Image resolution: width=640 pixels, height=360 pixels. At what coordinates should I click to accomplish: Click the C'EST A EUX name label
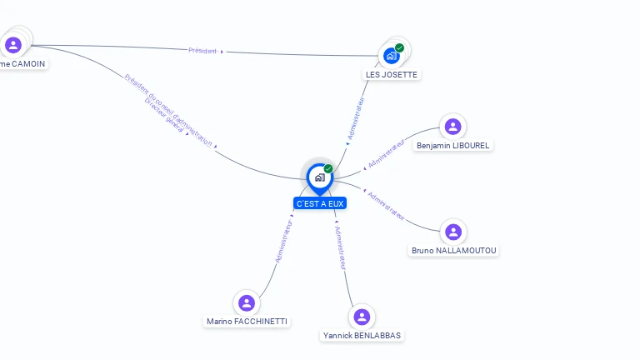pyautogui.click(x=319, y=203)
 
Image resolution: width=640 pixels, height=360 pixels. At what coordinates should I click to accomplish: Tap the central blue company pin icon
pyautogui.click(x=319, y=177)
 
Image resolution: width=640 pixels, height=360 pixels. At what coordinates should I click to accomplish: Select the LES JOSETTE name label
pyautogui.click(x=392, y=74)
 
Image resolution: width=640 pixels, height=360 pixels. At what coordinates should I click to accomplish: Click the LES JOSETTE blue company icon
pyautogui.click(x=391, y=56)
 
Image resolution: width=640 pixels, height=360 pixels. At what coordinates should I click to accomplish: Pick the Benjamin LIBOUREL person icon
pyautogui.click(x=452, y=127)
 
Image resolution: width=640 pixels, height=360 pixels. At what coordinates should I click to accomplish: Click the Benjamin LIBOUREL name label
pyautogui.click(x=453, y=145)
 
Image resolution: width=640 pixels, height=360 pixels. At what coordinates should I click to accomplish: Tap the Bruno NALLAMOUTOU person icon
pyautogui.click(x=452, y=232)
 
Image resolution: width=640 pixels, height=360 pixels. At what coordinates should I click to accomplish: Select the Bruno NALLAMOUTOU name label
pyautogui.click(x=454, y=250)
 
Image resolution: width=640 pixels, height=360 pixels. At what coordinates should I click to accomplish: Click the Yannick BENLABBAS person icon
pyautogui.click(x=361, y=317)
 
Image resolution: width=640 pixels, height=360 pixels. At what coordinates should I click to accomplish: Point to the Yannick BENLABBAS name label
pyautogui.click(x=362, y=335)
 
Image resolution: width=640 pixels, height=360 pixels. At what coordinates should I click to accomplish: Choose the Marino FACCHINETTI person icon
pyautogui.click(x=246, y=302)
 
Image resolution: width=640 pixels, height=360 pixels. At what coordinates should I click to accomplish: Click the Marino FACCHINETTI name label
pyautogui.click(x=248, y=321)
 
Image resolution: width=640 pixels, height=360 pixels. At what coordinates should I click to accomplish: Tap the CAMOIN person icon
pyautogui.click(x=12, y=45)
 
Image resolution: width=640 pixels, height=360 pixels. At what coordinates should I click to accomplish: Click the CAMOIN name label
pyautogui.click(x=22, y=63)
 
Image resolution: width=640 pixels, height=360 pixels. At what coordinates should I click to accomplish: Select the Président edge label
pyautogui.click(x=202, y=51)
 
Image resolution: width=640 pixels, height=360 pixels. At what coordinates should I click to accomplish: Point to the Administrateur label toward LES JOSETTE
pyautogui.click(x=356, y=117)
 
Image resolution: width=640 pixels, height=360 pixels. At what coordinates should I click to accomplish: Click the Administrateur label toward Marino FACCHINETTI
pyautogui.click(x=283, y=241)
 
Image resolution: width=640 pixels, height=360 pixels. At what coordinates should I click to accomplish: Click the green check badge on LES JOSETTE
pyautogui.click(x=399, y=48)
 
